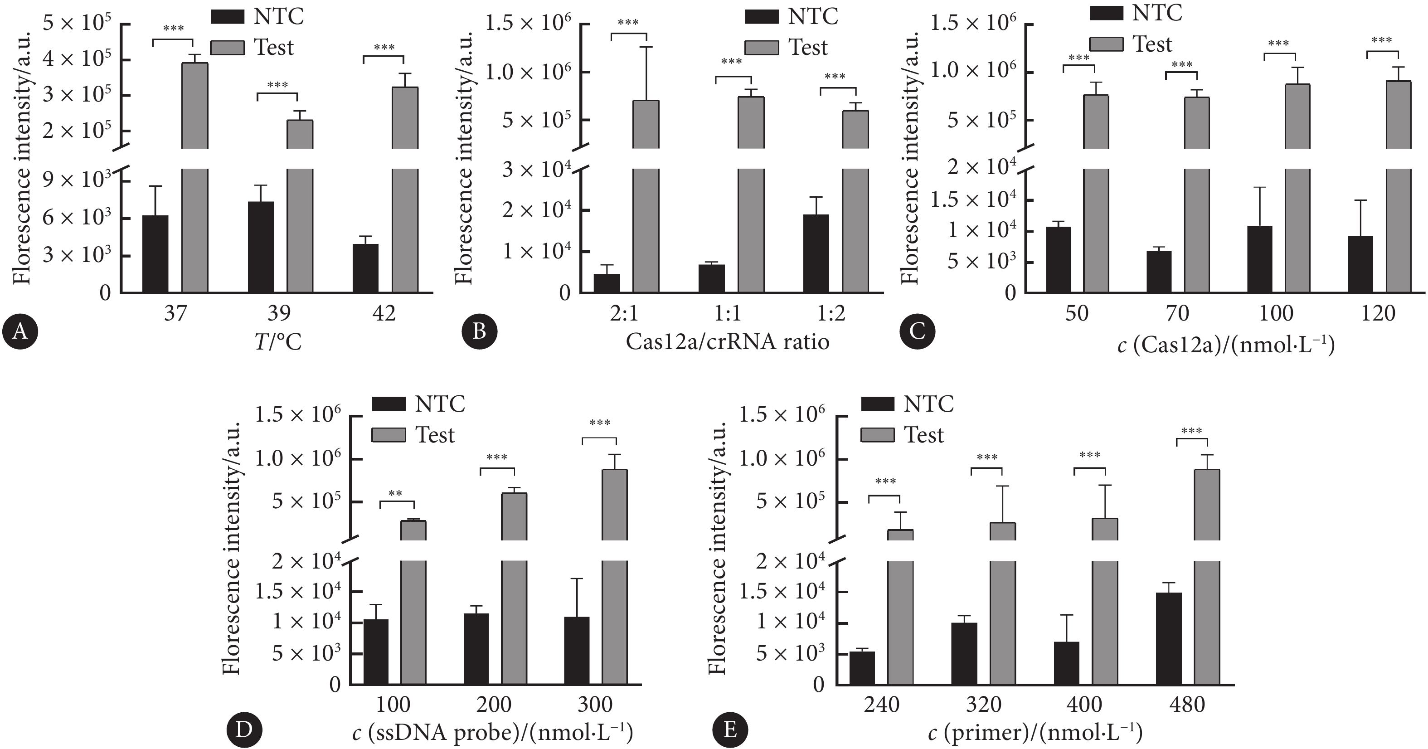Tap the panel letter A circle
coord(20,332)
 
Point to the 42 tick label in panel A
coord(384,314)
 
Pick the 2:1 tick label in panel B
coord(624,314)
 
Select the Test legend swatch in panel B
coord(762,48)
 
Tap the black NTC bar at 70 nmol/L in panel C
coord(1159,272)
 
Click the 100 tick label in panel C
coord(1276,314)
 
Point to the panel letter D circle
coord(244,730)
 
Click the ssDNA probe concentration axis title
coord(492,734)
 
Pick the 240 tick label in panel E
coord(881,705)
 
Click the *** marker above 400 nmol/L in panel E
coord(1090,456)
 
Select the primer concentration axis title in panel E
coord(1035,734)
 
